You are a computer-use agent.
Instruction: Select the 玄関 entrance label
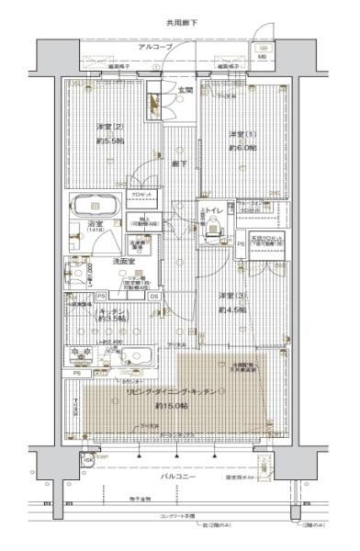pyautogui.click(x=185, y=90)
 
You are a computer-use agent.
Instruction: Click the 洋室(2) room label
pyautogui.click(x=109, y=126)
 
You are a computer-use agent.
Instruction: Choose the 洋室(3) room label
pyautogui.click(x=232, y=296)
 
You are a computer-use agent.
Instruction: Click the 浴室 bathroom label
pyautogui.click(x=94, y=223)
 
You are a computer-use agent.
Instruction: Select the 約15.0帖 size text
pyautogui.click(x=171, y=405)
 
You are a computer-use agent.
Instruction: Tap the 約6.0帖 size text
pyautogui.click(x=241, y=148)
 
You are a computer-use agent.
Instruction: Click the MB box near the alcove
pyautogui.click(x=263, y=56)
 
